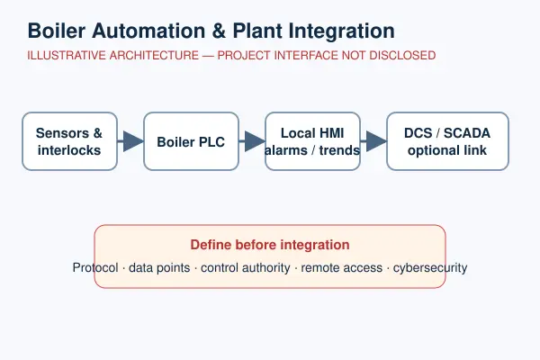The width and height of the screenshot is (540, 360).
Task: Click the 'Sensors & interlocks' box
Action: pyautogui.click(x=70, y=141)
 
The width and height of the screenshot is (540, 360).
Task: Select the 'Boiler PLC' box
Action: pyautogui.click(x=191, y=141)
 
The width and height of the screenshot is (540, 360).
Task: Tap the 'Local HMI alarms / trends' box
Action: pyautogui.click(x=312, y=141)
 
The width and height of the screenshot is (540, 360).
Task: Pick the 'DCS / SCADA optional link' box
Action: pyautogui.click(x=447, y=141)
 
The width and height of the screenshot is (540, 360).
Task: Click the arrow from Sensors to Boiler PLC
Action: pyautogui.click(x=130, y=141)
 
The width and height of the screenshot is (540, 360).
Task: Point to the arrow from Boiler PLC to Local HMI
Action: pyautogui.click(x=252, y=141)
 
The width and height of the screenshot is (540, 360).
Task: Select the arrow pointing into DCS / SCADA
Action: pyautogui.click(x=373, y=141)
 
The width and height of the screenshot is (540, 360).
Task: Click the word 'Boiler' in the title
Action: pyautogui.click(x=57, y=31)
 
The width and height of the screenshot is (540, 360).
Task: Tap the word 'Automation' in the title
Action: pyautogui.click(x=148, y=31)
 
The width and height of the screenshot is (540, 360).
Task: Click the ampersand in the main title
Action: pyautogui.click(x=219, y=31)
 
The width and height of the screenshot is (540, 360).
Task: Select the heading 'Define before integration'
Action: pyautogui.click(x=270, y=245)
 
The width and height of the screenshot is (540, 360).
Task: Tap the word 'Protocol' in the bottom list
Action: pyautogui.click(x=95, y=267)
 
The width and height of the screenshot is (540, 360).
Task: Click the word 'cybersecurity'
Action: pyautogui.click(x=430, y=268)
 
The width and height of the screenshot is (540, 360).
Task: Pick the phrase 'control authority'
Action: pyautogui.click(x=246, y=268)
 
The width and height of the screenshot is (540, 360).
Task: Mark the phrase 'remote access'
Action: pyautogui.click(x=342, y=267)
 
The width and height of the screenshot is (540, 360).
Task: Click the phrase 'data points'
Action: pyautogui.click(x=159, y=268)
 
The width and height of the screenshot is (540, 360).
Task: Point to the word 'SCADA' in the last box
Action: pyautogui.click(x=466, y=133)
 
